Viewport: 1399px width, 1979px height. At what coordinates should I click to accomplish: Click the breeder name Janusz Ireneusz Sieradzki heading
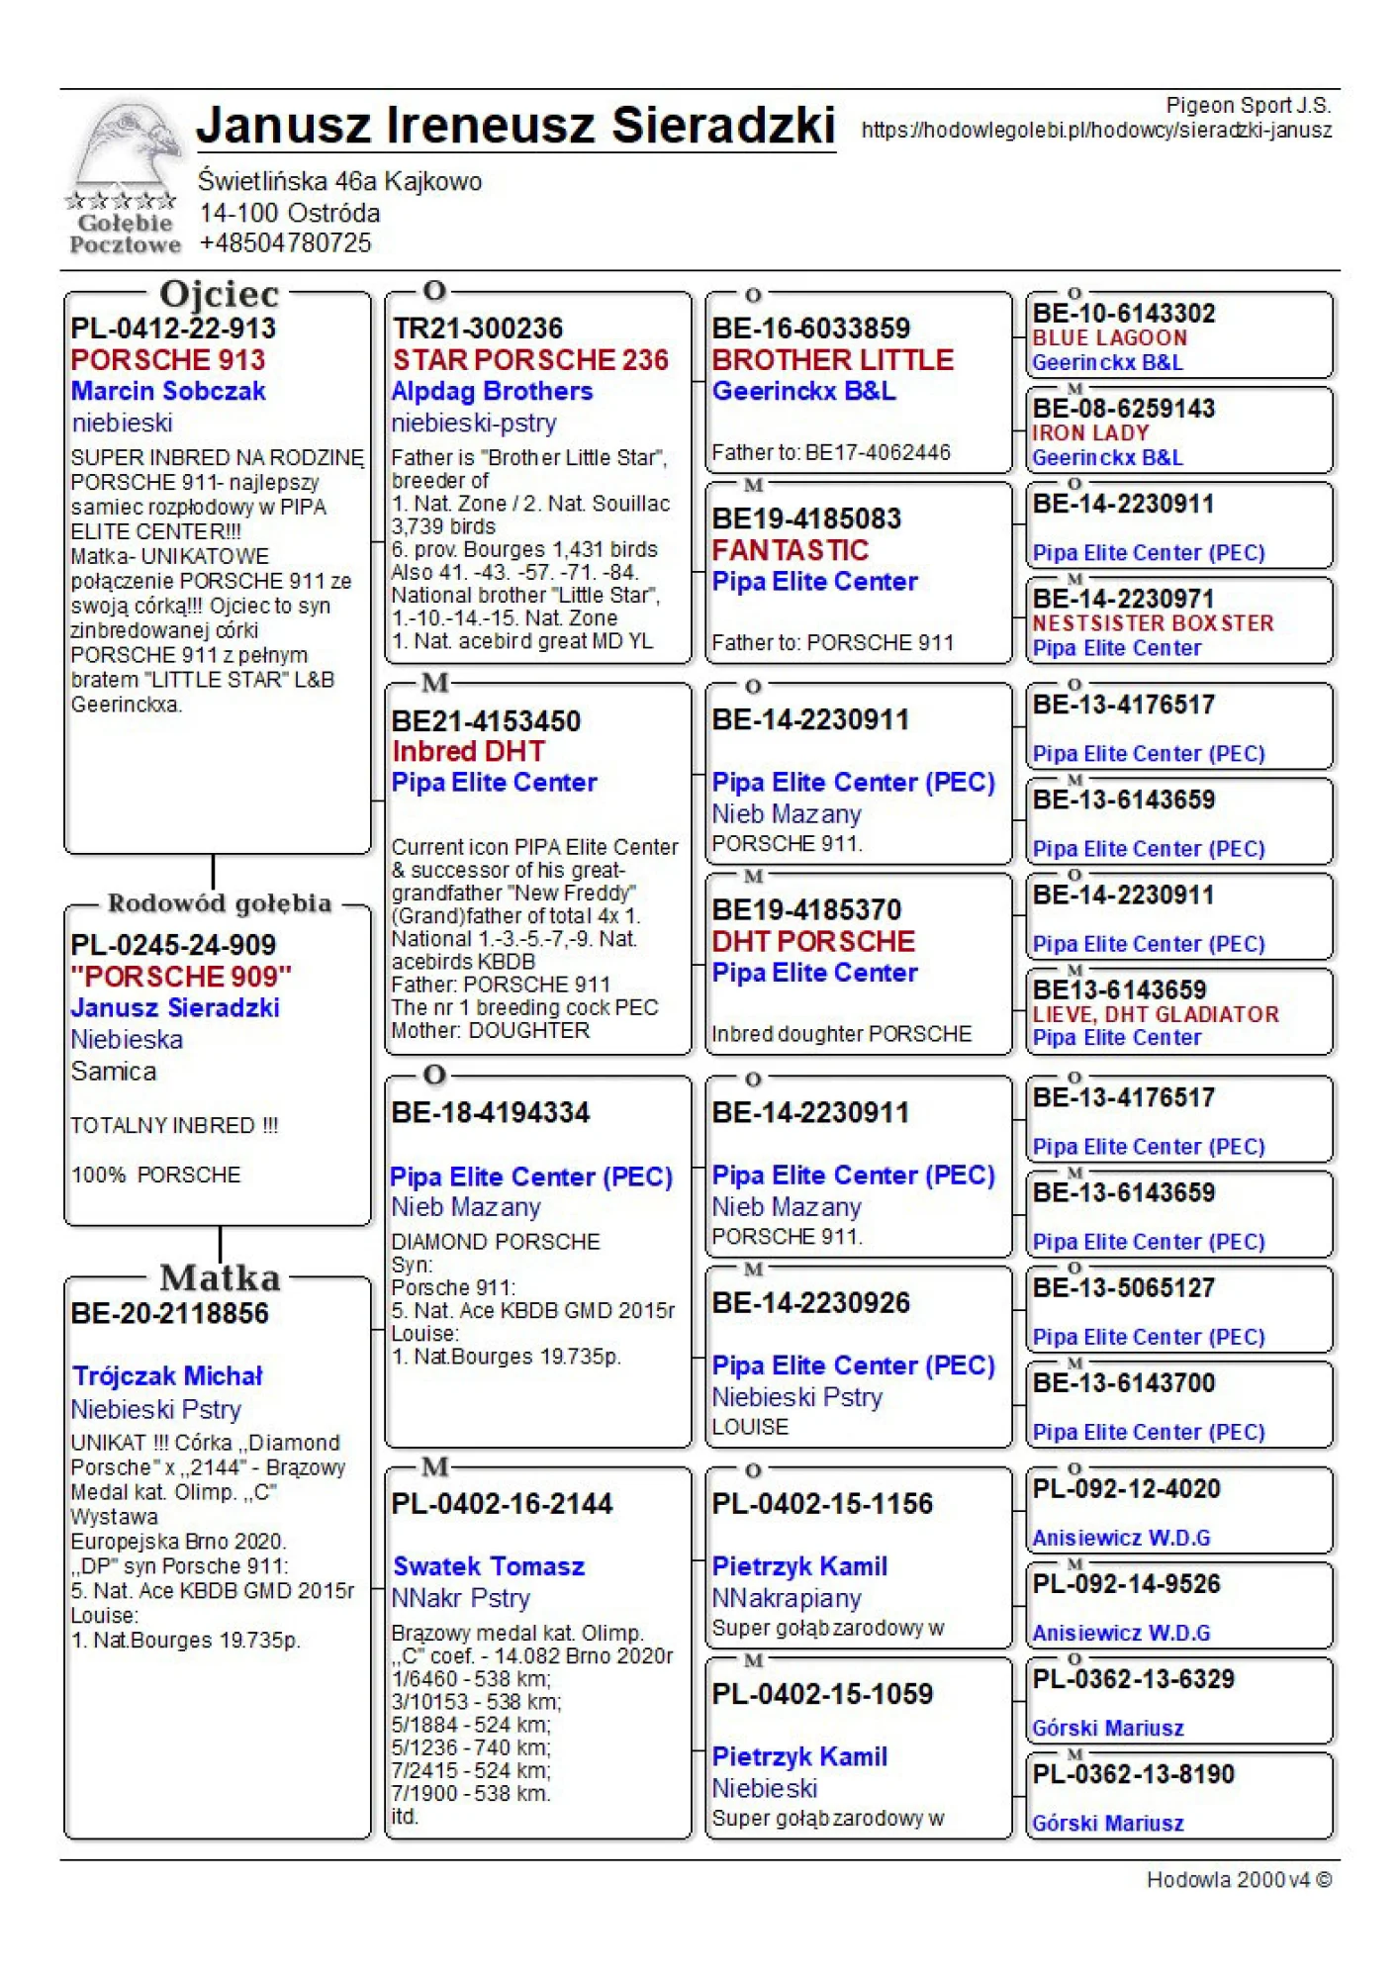(x=515, y=126)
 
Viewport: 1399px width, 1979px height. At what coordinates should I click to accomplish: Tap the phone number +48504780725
(x=285, y=243)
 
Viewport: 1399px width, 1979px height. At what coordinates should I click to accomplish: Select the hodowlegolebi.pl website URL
(x=1096, y=131)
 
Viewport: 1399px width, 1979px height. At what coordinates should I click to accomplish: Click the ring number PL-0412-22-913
(x=173, y=329)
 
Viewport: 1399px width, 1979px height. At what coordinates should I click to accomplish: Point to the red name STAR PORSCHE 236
(x=530, y=360)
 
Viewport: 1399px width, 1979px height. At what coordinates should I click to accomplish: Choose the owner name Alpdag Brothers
(x=492, y=392)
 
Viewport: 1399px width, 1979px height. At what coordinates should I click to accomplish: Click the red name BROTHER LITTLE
(x=832, y=360)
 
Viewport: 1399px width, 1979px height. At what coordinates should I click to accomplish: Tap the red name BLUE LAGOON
(x=1109, y=338)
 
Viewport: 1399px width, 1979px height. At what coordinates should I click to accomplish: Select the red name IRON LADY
(x=1090, y=433)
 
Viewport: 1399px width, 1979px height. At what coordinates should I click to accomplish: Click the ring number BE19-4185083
(x=806, y=518)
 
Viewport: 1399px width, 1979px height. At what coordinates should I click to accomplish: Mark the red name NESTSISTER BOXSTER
(x=1153, y=623)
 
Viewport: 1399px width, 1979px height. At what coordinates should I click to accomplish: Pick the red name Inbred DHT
(x=468, y=752)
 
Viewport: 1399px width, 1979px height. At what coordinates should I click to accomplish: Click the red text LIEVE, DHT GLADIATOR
(x=1156, y=1014)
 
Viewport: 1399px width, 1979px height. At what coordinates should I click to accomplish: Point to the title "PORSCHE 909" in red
(x=181, y=977)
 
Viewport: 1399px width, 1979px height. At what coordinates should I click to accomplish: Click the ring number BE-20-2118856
(x=170, y=1314)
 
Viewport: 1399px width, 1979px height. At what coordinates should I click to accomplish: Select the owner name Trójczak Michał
(x=167, y=1376)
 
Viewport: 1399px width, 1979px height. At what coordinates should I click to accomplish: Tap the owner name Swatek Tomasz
(x=489, y=1566)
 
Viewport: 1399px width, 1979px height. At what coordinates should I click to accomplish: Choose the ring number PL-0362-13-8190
(x=1133, y=1774)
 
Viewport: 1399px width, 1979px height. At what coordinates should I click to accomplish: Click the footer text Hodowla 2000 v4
(x=1238, y=1880)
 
